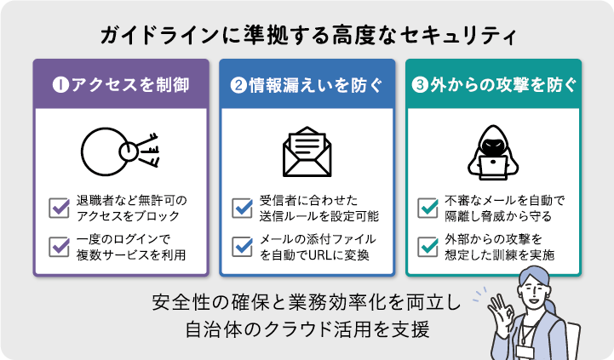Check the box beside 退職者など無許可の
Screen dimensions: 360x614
coord(60,207)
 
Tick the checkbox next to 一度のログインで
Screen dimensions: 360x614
coord(60,246)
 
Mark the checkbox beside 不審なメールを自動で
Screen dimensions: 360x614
coord(428,207)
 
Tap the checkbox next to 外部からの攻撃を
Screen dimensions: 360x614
coord(428,246)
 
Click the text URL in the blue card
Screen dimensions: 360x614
coord(313,254)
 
